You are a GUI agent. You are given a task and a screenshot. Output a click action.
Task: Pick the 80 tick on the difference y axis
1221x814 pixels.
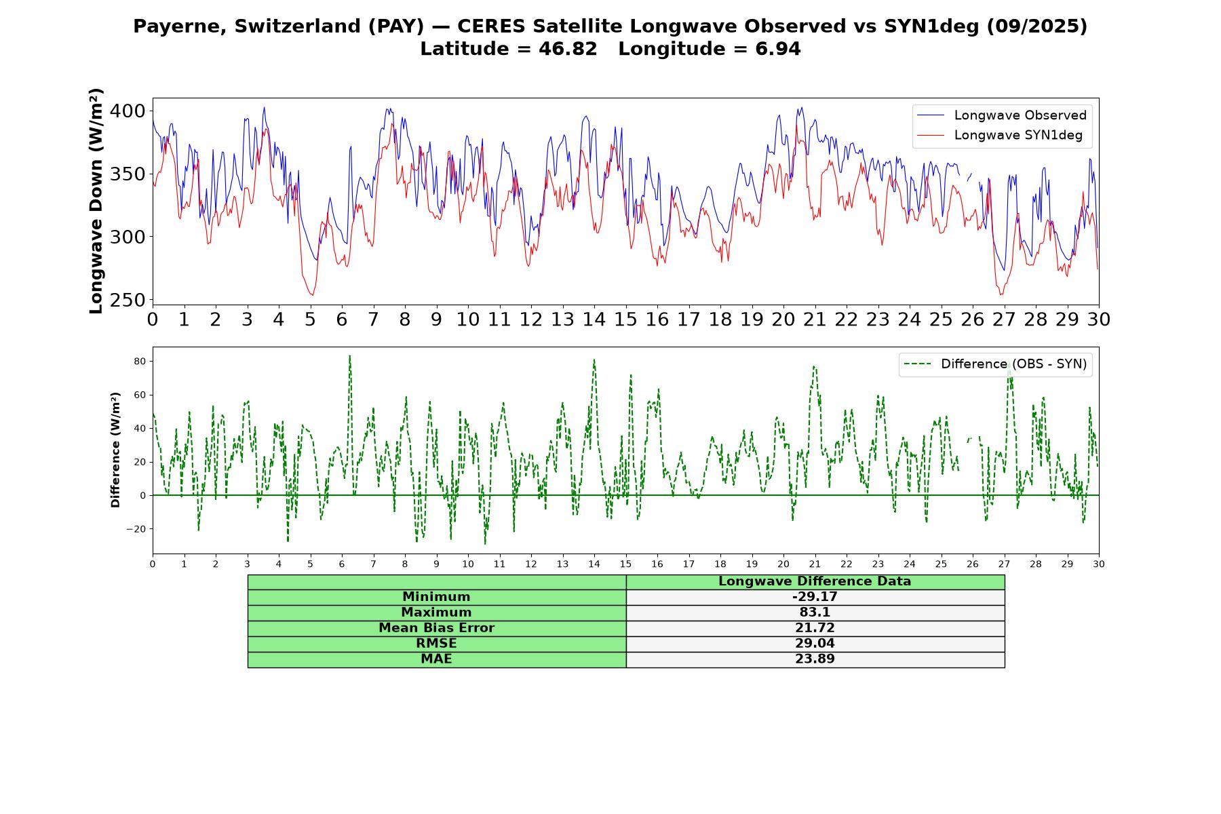pyautogui.click(x=139, y=362)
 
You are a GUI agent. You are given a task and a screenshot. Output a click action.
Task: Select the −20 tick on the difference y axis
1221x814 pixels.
pyautogui.click(x=136, y=529)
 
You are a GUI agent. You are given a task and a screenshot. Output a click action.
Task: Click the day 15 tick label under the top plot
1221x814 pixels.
pyautogui.click(x=625, y=319)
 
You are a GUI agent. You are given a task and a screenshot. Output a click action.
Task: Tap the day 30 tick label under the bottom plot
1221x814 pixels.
pyautogui.click(x=1099, y=564)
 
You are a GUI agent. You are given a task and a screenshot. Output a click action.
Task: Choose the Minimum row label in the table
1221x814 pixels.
pyautogui.click(x=436, y=597)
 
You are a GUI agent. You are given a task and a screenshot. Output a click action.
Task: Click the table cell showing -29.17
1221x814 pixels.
pyautogui.click(x=815, y=597)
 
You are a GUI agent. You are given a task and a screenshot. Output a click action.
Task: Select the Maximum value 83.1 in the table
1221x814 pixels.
pyautogui.click(x=815, y=613)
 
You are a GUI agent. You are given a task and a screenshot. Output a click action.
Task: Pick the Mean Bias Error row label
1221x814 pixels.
pyautogui.click(x=436, y=628)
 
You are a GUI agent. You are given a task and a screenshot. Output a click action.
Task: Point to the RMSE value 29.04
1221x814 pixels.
pyautogui.click(x=815, y=644)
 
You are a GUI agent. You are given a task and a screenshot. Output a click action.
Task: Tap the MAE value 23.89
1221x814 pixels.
pyautogui.click(x=815, y=659)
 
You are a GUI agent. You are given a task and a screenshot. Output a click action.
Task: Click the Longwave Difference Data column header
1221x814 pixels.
pyautogui.click(x=815, y=581)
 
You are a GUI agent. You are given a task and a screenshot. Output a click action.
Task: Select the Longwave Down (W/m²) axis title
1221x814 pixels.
pyautogui.click(x=96, y=201)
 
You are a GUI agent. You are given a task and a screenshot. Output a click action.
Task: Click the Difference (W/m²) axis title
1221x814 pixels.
pyautogui.click(x=115, y=450)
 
